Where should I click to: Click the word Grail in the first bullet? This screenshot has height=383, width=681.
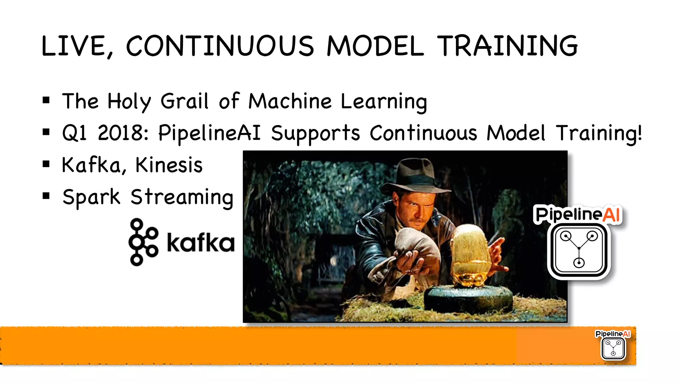click(185, 101)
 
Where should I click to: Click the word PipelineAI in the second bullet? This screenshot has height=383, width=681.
click(209, 133)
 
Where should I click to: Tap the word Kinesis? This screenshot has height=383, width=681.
click(169, 165)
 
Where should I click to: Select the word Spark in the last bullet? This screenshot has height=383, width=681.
click(91, 197)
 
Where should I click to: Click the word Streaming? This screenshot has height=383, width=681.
click(182, 197)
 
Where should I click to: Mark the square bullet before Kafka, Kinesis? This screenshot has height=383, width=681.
click(46, 164)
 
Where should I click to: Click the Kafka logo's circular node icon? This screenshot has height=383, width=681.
click(143, 242)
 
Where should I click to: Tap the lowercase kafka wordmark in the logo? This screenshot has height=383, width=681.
click(201, 242)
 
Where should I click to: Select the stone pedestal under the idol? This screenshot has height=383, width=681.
click(469, 297)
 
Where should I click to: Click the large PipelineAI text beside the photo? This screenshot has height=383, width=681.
click(578, 214)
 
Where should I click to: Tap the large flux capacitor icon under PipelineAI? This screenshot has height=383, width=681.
click(579, 250)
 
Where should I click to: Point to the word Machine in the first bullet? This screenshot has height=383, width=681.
click(290, 101)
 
